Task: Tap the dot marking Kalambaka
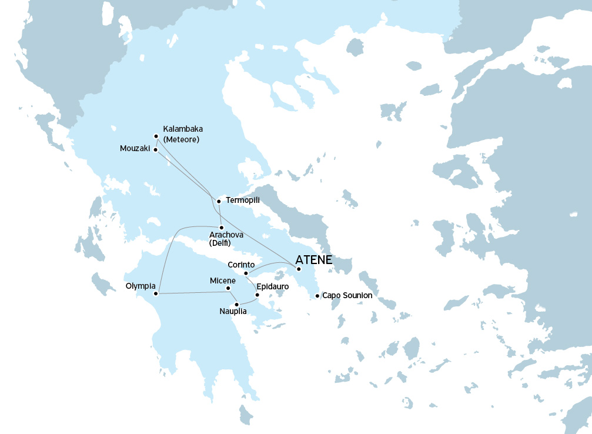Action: (156, 136)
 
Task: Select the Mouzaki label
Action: (135, 149)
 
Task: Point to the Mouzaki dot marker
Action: (155, 149)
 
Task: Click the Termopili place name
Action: (243, 201)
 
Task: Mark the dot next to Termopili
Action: (219, 201)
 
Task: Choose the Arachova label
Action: (226, 235)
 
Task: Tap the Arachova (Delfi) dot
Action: (221, 228)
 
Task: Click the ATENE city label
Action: (314, 259)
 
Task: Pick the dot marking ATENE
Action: (299, 269)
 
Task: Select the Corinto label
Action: (241, 265)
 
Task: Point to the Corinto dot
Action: (246, 273)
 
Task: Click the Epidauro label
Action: (273, 287)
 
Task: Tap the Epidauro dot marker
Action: (257, 294)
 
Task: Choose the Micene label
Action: (223, 281)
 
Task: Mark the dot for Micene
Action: (228, 288)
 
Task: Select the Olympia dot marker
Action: (155, 293)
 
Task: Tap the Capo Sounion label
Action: (347, 295)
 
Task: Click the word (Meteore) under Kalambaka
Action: (182, 139)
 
